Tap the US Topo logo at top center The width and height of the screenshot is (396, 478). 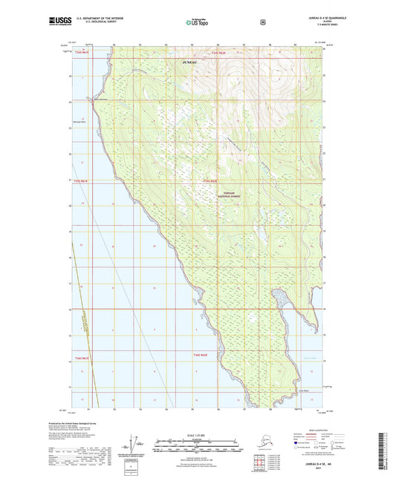(197, 22)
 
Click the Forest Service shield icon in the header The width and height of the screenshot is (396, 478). (262, 22)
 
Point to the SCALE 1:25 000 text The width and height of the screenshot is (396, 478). (197, 433)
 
